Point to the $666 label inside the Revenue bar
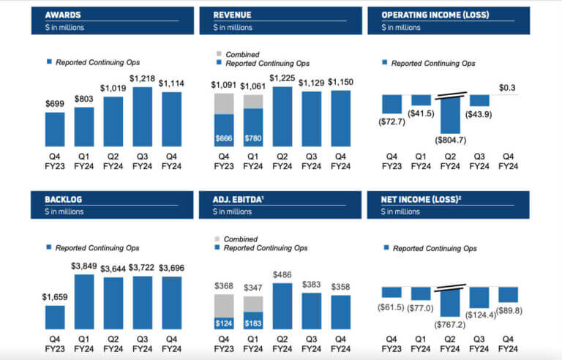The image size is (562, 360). (x=223, y=137)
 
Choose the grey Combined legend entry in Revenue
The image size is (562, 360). (x=241, y=54)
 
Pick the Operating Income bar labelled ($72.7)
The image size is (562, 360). (x=391, y=102)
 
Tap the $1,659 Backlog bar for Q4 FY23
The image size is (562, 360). (x=54, y=316)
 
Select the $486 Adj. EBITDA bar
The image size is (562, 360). (x=282, y=306)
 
